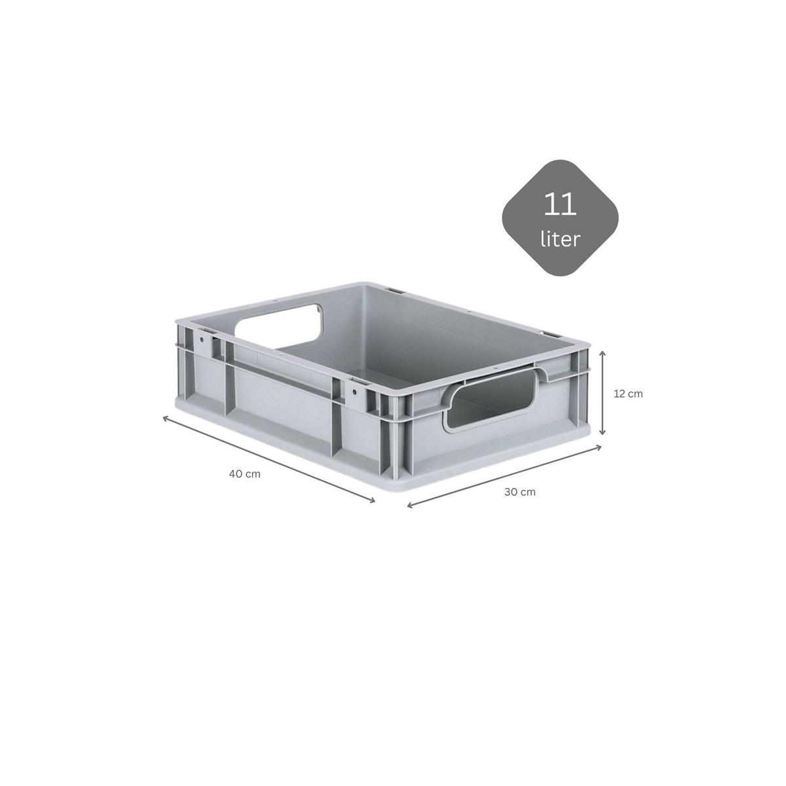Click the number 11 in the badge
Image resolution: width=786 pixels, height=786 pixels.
(x=559, y=204)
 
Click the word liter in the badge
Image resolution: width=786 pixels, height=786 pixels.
(x=560, y=240)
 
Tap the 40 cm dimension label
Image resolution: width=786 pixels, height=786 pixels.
(x=245, y=474)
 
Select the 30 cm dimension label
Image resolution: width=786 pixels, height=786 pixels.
(x=520, y=492)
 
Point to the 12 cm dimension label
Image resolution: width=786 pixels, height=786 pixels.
(x=628, y=394)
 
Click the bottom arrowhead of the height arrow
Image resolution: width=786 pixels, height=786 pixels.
(x=603, y=433)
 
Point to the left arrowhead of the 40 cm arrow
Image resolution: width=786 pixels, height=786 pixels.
(x=166, y=419)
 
